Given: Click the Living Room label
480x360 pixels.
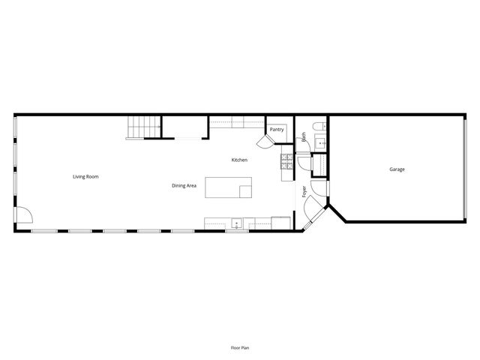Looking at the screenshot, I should (x=85, y=177).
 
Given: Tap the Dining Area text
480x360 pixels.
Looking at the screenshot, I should (x=184, y=185).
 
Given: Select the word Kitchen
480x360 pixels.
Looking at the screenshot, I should (x=239, y=160).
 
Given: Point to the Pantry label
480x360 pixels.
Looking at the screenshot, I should (x=276, y=130).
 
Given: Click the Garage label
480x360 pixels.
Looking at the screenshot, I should (x=397, y=169).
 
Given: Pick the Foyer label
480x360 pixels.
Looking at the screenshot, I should (x=304, y=191).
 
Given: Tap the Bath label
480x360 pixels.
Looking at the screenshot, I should (x=304, y=138).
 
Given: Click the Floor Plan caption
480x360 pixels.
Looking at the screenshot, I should (x=240, y=347).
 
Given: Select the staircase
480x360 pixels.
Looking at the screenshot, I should (x=142, y=127).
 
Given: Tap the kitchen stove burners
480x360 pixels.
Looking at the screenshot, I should (x=286, y=159).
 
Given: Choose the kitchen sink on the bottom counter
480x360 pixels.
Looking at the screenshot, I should (x=236, y=223).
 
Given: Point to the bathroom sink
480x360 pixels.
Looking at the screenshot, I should (x=322, y=142).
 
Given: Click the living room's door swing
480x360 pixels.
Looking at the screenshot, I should (x=23, y=215).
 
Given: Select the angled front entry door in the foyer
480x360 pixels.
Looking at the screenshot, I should (x=316, y=219).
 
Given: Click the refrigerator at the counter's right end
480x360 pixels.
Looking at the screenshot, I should (x=281, y=222).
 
